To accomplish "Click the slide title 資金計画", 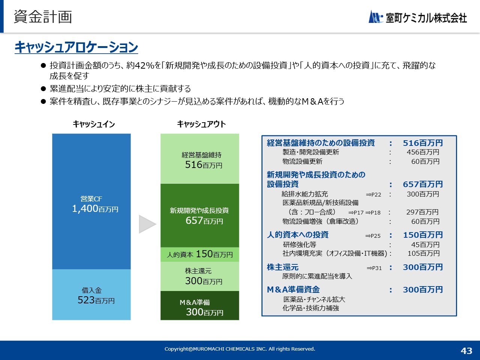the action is [43, 17].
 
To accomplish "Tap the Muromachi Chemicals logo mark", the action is [376, 16].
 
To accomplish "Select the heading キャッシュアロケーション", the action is [76, 47].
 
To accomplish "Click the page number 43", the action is [466, 351].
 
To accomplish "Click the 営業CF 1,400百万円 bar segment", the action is [91, 201].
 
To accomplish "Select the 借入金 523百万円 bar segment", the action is [91, 295].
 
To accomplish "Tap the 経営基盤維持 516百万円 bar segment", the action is [199, 159].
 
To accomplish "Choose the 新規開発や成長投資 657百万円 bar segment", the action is [199, 216].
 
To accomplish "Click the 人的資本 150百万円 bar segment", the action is [199, 254].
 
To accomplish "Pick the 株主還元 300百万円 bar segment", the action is [199, 276].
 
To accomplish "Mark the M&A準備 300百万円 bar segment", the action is [199, 305].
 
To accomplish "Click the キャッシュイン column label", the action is [94, 124].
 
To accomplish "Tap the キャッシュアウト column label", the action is [201, 124].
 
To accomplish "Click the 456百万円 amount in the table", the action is [423, 152].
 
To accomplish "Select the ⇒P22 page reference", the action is [373, 195].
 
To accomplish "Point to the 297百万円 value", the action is [423, 212].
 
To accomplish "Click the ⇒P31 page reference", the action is [374, 268].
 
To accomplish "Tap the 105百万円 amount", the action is [424, 253].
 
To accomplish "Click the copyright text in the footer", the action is [240, 349].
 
